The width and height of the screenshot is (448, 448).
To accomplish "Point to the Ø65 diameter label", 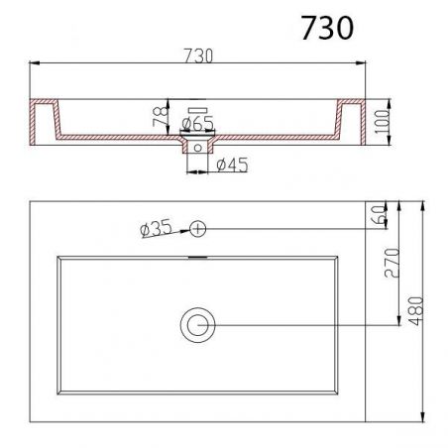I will click(x=199, y=124).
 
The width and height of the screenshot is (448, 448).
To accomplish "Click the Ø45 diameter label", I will click(x=231, y=166).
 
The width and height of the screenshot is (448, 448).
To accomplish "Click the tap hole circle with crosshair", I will click(x=197, y=228).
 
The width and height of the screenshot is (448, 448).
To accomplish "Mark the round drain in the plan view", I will click(x=197, y=324).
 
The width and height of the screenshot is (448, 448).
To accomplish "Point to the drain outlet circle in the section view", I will click(x=198, y=146).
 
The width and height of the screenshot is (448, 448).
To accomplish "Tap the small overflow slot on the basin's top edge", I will click(x=198, y=256).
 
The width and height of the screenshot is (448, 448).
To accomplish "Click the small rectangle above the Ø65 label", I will click(x=197, y=108).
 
